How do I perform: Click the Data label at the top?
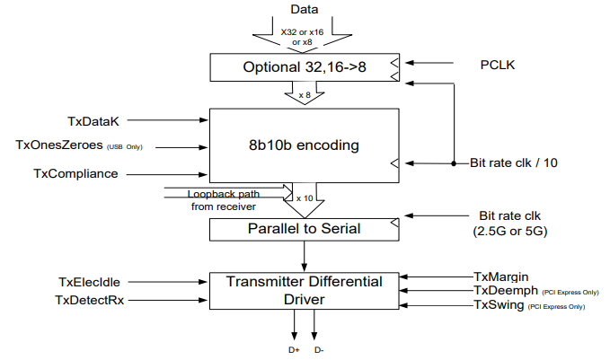pyautogui.click(x=305, y=9)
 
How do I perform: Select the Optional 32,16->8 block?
pyautogui.click(x=305, y=67)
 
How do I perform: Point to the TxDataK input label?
pyautogui.click(x=94, y=119)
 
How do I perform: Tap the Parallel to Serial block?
pyautogui.click(x=305, y=229)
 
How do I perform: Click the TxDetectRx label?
pyautogui.click(x=90, y=299)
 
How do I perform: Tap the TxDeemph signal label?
pyautogui.click(x=507, y=291)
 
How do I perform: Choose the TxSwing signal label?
pyautogui.click(x=499, y=306)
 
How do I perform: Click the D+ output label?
pyautogui.click(x=294, y=350)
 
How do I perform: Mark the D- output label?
pyautogui.click(x=319, y=350)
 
